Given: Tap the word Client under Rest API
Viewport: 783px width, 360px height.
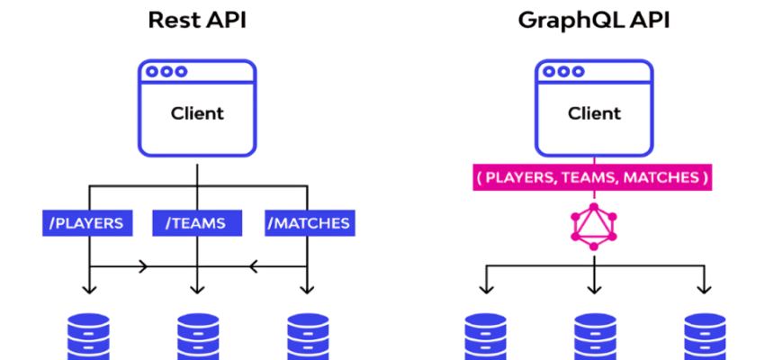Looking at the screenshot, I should pyautogui.click(x=197, y=114).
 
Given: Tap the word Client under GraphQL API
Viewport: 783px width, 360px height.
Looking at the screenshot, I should pyautogui.click(x=594, y=114).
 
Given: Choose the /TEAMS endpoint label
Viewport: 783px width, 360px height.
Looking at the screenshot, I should pyautogui.click(x=195, y=222).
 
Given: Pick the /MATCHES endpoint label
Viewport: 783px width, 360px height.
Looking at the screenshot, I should pyautogui.click(x=308, y=222).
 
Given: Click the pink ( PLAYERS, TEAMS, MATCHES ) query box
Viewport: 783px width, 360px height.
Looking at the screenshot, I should pyautogui.click(x=593, y=178).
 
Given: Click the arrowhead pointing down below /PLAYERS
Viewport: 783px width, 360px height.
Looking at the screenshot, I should pyautogui.click(x=88, y=288).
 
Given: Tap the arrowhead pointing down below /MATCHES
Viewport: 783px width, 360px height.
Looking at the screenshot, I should pyautogui.click(x=307, y=288).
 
